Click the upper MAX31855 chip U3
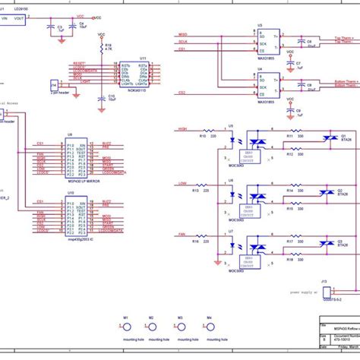pyautogui.click(x=268, y=41)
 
